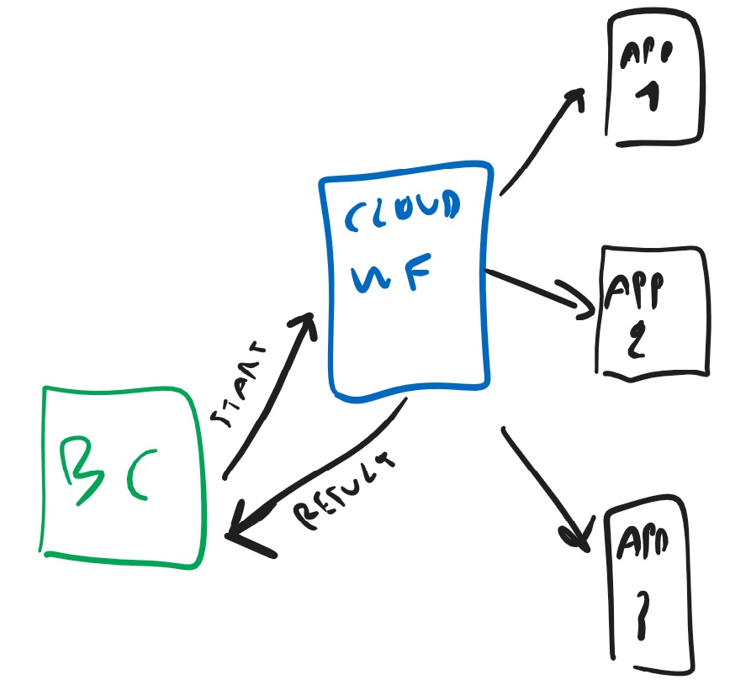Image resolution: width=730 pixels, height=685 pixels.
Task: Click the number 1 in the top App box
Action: coord(648,98)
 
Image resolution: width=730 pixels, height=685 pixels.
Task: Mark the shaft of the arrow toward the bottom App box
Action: coord(538,480)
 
